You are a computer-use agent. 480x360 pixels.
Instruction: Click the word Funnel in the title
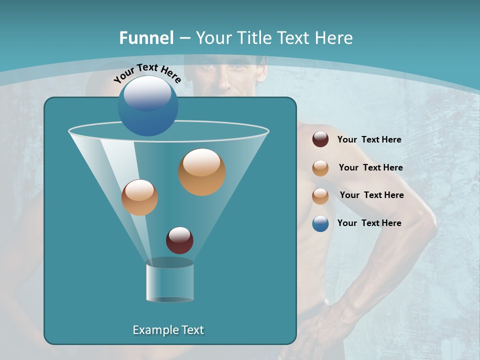[x=146, y=38]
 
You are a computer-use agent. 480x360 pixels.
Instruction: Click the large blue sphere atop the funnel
[x=147, y=105]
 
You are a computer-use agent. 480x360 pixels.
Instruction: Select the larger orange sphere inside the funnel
[x=201, y=171]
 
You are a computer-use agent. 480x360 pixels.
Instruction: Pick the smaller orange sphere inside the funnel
[x=139, y=197]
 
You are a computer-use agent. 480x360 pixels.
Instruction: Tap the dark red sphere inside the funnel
[x=179, y=240]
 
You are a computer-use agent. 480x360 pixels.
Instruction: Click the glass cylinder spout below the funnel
[x=169, y=281]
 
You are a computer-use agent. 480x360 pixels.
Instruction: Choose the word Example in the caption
[x=155, y=330]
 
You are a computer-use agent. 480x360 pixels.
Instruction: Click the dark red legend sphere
[x=320, y=139]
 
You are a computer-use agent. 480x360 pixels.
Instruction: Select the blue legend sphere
[x=320, y=223]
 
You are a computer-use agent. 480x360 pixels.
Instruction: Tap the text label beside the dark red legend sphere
[x=369, y=140]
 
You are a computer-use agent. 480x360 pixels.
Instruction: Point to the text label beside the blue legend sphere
[x=369, y=223]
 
